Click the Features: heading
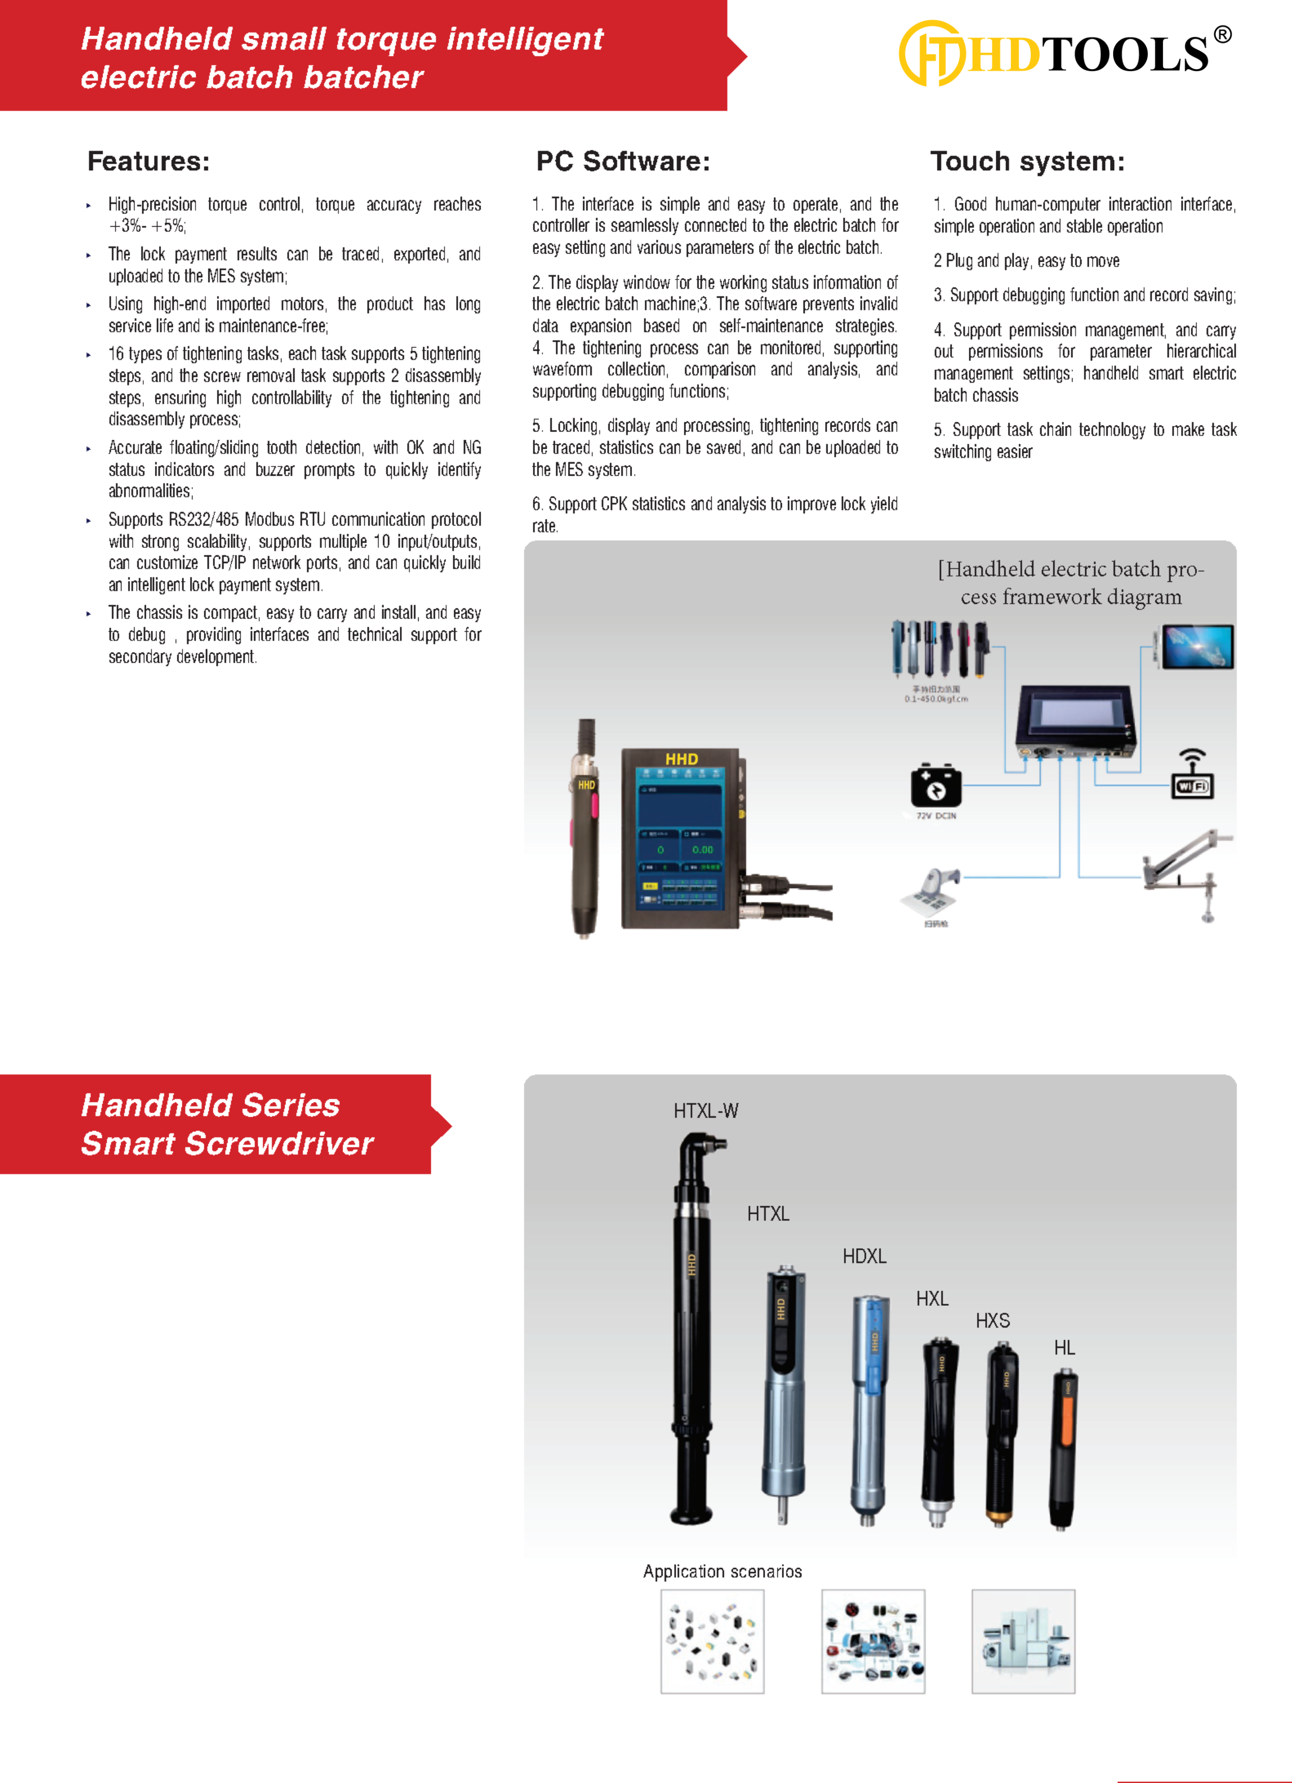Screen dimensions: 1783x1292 click(148, 161)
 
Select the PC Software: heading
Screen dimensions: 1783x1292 click(622, 161)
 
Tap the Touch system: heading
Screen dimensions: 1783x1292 click(1027, 161)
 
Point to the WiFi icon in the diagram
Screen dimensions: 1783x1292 click(1192, 775)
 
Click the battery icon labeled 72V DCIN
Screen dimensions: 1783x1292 click(935, 785)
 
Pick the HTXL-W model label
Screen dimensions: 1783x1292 click(706, 1111)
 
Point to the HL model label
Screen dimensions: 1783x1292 click(1064, 1347)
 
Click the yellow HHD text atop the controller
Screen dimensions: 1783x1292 click(681, 759)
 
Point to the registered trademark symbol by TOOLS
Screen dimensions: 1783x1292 click(1222, 35)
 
